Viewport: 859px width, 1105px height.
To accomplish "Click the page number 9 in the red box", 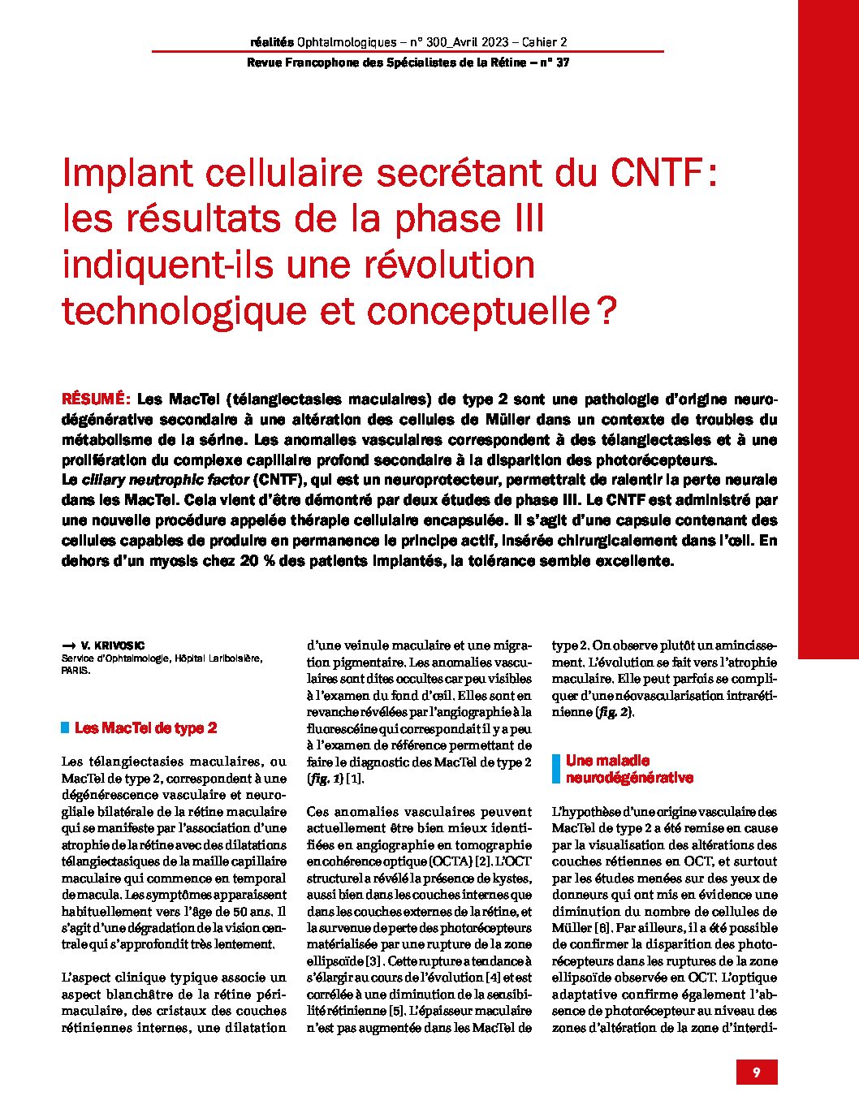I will [757, 1073].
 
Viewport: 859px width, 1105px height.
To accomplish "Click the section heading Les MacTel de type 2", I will [145, 728].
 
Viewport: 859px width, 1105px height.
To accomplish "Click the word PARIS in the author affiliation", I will [76, 671].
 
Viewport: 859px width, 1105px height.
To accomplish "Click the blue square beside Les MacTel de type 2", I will [65, 728].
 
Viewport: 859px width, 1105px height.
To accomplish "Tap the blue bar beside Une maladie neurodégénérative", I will [556, 769].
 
